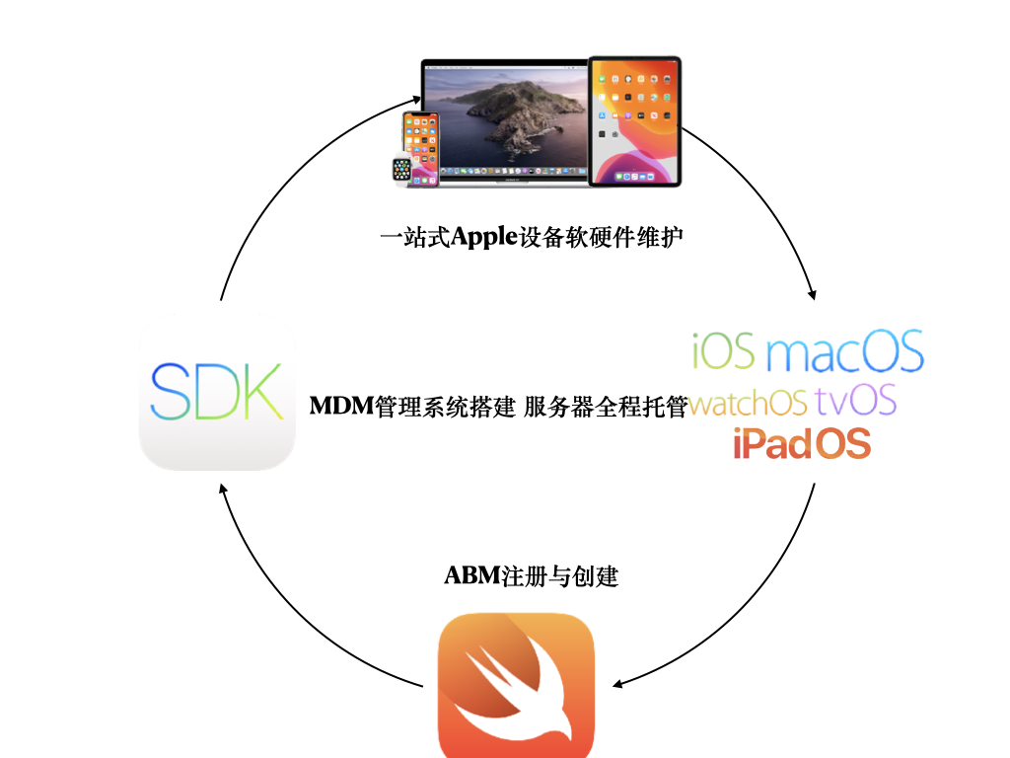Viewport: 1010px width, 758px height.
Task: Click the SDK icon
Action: (217, 392)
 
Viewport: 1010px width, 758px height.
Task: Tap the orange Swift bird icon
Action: (516, 685)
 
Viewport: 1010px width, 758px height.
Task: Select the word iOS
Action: (723, 350)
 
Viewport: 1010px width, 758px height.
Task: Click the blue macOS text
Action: (845, 350)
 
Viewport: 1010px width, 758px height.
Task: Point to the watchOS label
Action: (748, 403)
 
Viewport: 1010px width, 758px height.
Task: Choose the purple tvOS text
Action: (855, 401)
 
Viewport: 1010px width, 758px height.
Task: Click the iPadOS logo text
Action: (802, 443)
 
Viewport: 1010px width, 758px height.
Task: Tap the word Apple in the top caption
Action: (484, 237)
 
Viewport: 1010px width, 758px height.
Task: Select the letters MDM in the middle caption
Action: (341, 406)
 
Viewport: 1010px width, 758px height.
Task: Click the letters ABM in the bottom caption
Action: (472, 575)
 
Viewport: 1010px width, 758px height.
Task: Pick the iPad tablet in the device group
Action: (634, 121)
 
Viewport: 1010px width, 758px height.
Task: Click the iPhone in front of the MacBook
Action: (421, 149)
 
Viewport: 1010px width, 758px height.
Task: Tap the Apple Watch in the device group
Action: (402, 170)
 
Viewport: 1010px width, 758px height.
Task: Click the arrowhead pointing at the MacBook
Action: (417, 100)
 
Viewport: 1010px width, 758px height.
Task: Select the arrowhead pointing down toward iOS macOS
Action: (813, 294)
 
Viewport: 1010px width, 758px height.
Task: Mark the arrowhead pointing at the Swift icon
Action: (616, 684)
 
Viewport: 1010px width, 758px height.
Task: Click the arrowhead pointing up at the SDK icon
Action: (223, 489)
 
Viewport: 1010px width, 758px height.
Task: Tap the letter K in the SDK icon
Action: (263, 391)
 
